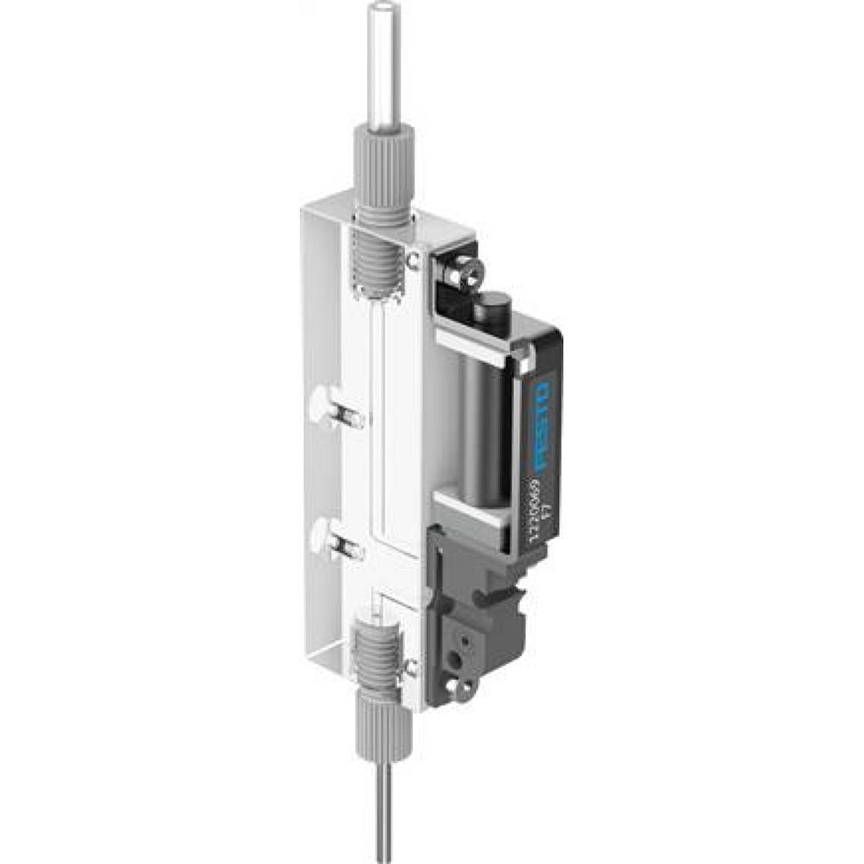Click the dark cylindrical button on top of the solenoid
(493, 308)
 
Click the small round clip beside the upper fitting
(414, 260)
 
